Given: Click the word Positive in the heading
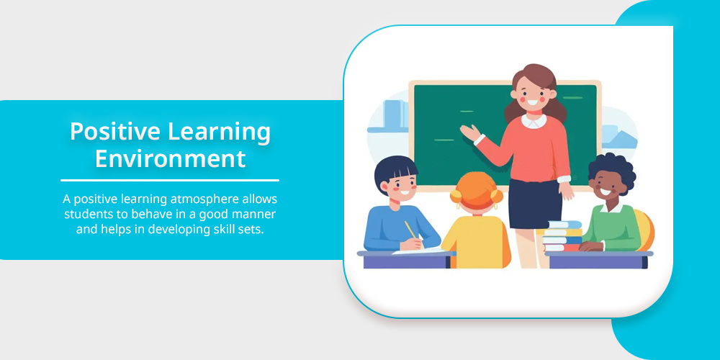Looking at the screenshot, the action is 114,132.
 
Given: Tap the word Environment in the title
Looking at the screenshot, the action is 170,159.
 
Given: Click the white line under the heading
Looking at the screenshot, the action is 170,181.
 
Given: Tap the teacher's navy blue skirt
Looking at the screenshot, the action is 536,203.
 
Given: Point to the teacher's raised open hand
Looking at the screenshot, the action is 469,132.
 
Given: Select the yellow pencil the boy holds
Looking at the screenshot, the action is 410,230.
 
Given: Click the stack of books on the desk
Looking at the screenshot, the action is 562,236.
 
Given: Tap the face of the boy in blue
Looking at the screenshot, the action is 400,183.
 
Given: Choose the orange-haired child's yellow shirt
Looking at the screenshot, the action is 476,241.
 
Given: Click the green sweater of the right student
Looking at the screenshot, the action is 613,228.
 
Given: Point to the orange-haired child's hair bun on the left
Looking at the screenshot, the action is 456,196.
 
